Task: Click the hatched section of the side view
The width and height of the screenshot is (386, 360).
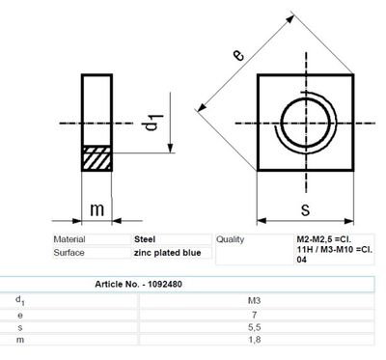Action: (x=96, y=158)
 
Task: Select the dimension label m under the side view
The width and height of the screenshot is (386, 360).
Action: (x=96, y=209)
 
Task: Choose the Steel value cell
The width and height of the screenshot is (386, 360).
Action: (x=146, y=239)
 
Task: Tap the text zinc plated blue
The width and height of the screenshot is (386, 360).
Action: (x=166, y=252)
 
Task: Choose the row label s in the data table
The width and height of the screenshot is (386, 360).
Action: (x=20, y=328)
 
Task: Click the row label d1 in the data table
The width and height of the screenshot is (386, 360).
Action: (x=20, y=301)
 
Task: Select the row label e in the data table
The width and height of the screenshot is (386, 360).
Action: (x=20, y=315)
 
